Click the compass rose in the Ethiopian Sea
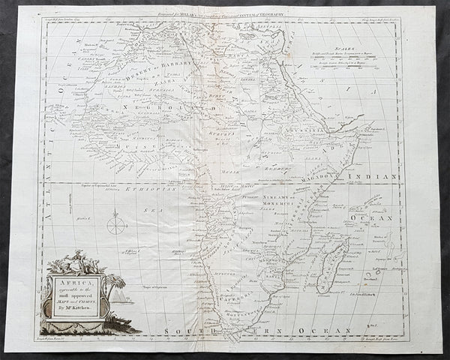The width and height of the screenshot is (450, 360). click(x=117, y=223)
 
